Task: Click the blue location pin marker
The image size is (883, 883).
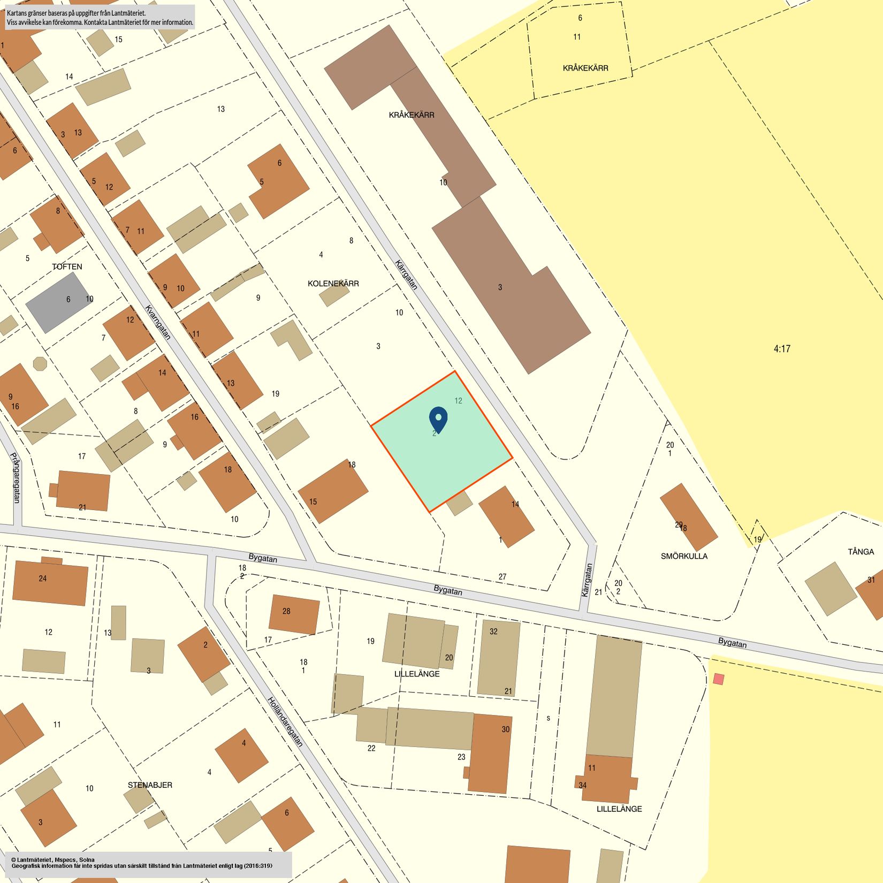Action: click(x=438, y=420)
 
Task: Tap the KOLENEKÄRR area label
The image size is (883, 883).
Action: click(x=333, y=284)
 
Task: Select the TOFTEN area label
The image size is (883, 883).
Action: click(x=67, y=267)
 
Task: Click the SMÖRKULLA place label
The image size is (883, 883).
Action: click(x=684, y=556)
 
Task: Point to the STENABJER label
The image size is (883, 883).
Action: click(x=150, y=785)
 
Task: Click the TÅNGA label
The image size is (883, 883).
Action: click(x=861, y=552)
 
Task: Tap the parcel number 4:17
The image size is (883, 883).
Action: click(x=782, y=349)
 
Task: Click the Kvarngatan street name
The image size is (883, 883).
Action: click(x=158, y=322)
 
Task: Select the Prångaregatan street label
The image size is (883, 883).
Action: click(x=16, y=478)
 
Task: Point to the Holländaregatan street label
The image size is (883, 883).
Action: click(x=285, y=721)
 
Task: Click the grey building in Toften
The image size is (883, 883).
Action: click(x=58, y=302)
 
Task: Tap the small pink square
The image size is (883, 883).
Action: click(x=718, y=679)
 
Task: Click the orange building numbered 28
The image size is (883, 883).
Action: click(x=294, y=614)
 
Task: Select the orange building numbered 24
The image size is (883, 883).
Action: click(x=50, y=582)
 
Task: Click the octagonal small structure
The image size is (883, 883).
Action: click(x=40, y=364)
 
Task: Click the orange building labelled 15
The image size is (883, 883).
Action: click(x=332, y=491)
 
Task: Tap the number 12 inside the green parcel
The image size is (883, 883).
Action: click(x=458, y=400)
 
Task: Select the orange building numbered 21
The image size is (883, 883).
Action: click(x=83, y=490)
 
